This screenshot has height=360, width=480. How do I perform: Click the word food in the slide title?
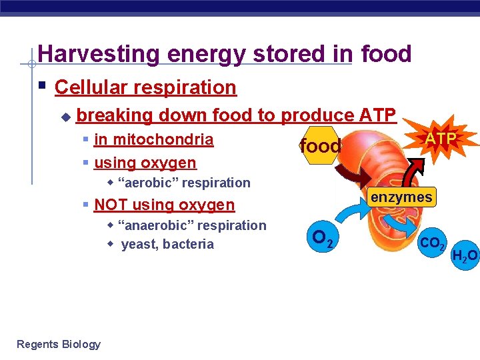point(386,54)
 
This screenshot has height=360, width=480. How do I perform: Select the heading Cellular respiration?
point(145,87)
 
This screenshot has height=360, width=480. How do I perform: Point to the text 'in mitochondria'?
point(153,140)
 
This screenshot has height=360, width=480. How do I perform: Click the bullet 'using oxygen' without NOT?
point(145,163)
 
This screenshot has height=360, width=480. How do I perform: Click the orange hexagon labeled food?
point(321,146)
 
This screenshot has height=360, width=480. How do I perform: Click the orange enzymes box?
point(401,197)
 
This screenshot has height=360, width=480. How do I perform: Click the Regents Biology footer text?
point(59,344)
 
